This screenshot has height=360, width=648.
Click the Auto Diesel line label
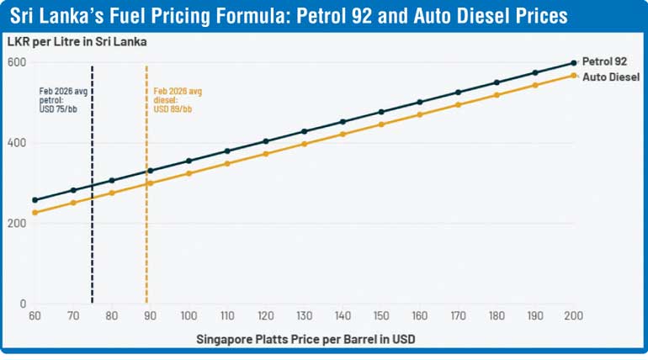(612, 77)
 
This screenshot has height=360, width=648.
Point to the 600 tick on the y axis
(18, 62)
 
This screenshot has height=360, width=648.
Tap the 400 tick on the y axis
(18, 143)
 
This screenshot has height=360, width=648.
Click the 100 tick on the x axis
(189, 315)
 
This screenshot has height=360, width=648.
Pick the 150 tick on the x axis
(381, 315)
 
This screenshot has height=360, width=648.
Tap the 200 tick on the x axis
(573, 315)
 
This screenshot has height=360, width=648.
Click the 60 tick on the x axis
(35, 315)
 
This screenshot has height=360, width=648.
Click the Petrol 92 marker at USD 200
(573, 62)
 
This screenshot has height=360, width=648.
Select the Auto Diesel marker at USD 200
(573, 76)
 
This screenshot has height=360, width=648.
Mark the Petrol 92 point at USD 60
(35, 200)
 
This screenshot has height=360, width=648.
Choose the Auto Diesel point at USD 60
(35, 213)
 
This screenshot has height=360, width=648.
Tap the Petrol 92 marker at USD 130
(304, 131)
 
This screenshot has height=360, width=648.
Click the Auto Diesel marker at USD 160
(419, 114)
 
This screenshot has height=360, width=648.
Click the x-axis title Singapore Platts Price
(305, 339)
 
